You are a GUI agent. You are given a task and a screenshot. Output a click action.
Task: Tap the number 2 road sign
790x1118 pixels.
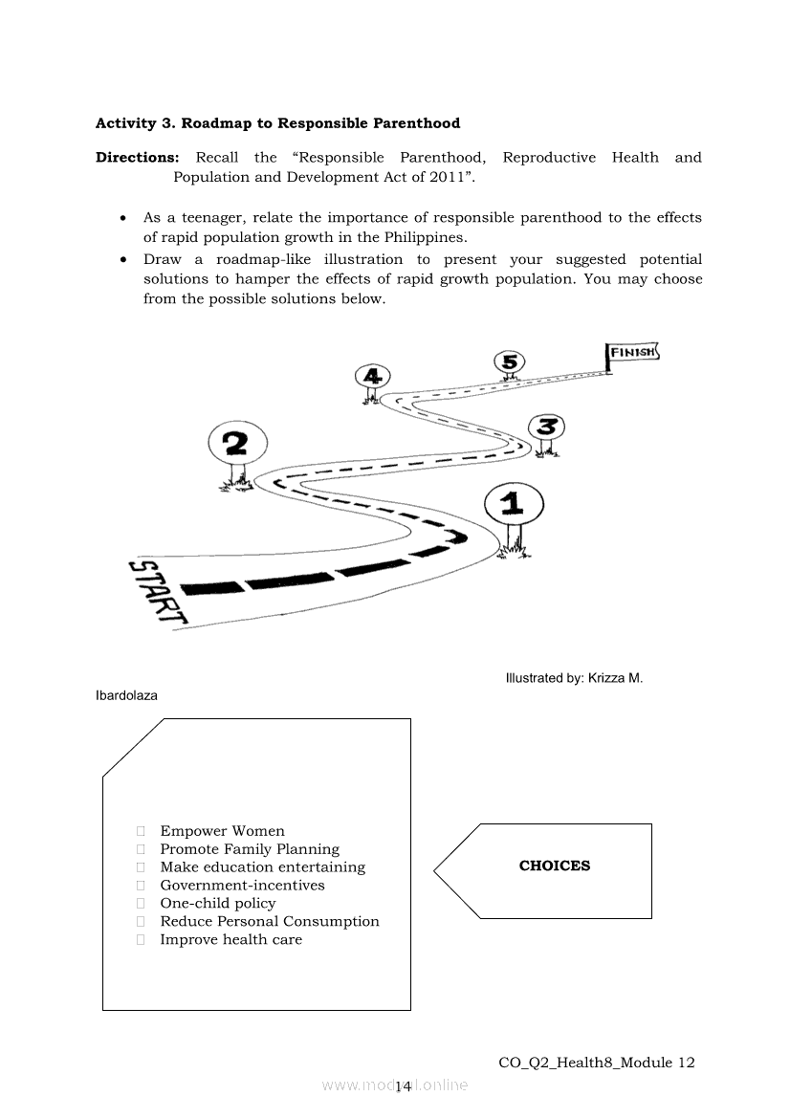pyautogui.click(x=237, y=444)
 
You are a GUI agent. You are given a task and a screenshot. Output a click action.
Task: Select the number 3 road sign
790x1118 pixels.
pyautogui.click(x=547, y=427)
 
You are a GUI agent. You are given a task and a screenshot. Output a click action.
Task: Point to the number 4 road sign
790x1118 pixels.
pyautogui.click(x=372, y=377)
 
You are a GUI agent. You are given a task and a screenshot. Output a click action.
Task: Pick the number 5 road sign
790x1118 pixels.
pyautogui.click(x=510, y=362)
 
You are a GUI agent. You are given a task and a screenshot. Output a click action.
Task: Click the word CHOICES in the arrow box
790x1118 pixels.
pyautogui.click(x=555, y=866)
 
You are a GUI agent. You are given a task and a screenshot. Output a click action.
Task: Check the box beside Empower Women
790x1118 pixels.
pyautogui.click(x=141, y=831)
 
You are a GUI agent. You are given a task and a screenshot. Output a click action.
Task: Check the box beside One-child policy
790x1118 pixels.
pyautogui.click(x=141, y=904)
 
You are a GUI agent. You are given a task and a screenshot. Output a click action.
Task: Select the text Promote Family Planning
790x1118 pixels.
pyautogui.click(x=250, y=849)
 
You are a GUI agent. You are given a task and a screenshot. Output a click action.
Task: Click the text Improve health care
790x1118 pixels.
pyautogui.click(x=231, y=940)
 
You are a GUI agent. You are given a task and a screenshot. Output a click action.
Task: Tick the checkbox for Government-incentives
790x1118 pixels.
pyautogui.click(x=141, y=886)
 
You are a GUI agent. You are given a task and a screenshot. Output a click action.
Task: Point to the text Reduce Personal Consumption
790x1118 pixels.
pyautogui.click(x=270, y=921)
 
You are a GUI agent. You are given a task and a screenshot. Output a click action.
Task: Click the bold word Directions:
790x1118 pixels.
pyautogui.click(x=138, y=158)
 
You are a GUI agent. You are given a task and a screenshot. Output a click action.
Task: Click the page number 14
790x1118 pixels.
pyautogui.click(x=403, y=1085)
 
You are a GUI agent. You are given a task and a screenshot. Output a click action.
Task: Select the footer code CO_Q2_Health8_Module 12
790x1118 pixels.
pyautogui.click(x=597, y=1063)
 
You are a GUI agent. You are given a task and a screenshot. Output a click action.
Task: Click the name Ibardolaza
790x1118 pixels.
pyautogui.click(x=126, y=695)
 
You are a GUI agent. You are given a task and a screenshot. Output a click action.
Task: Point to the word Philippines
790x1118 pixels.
pyautogui.click(x=425, y=237)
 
